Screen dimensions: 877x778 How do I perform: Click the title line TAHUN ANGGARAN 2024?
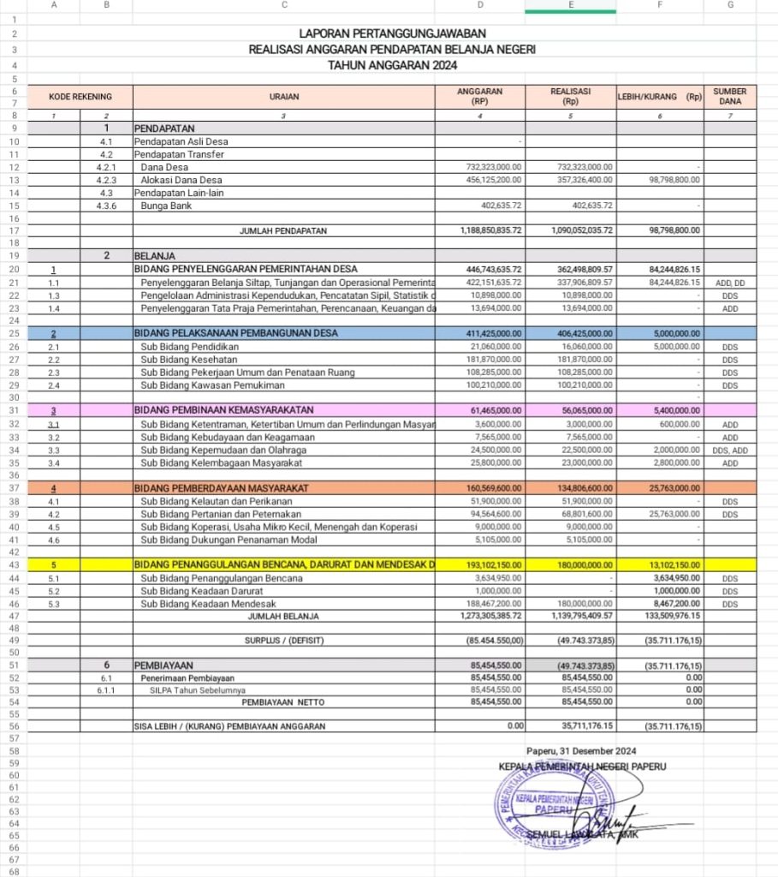pos(393,65)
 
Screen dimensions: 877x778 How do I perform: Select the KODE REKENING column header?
pos(80,97)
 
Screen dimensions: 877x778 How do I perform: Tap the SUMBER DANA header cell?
pos(729,97)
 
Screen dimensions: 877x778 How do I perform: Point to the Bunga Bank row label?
pos(164,206)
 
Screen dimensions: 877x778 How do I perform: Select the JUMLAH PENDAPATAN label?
pos(284,230)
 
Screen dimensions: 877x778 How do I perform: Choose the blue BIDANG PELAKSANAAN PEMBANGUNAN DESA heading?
pos(235,333)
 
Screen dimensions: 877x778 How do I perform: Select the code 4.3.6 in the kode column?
pos(106,206)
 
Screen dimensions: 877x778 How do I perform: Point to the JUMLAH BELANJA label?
pos(283,616)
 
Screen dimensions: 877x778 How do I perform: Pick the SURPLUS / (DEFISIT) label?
pos(283,640)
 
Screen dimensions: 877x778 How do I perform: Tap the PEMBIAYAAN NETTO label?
pos(283,701)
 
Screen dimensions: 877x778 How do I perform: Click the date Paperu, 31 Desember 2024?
pos(582,751)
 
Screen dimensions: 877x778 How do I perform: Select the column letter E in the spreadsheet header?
pos(571,5)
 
